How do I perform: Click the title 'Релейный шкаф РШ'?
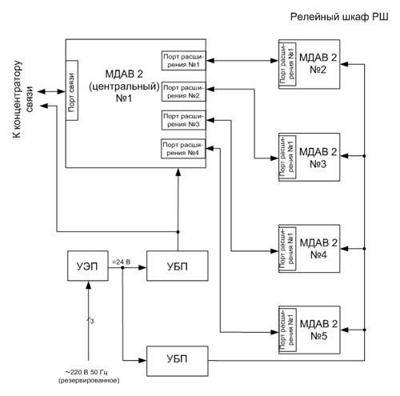pos(339,17)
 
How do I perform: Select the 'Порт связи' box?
pos(72,90)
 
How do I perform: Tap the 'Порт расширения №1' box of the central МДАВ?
pos(183,61)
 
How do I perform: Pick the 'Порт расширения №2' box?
pos(183,91)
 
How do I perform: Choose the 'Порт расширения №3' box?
pos(183,120)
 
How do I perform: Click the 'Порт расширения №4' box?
pos(183,149)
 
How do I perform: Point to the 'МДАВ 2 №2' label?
pos(318,63)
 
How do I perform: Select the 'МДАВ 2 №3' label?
pos(318,158)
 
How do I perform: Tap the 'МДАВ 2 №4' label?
pos(318,249)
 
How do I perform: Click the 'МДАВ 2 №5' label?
pos(318,330)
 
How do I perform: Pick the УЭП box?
pos(88,266)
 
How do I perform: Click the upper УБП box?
pos(178,266)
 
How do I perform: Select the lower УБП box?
pos(178,361)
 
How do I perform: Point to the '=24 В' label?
pos(121,262)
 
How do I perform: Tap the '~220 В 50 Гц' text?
pos(86,372)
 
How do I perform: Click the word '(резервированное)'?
pos(89,381)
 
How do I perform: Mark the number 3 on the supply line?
pos(92,322)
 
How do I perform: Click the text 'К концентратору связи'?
pos(22,99)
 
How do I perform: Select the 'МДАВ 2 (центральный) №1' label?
pos(124,86)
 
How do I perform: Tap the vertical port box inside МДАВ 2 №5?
pos(287,330)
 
